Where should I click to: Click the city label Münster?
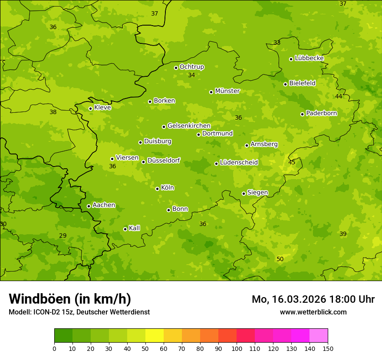(x=227, y=91)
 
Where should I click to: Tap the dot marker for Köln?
(x=157, y=189)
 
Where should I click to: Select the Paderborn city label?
(x=321, y=113)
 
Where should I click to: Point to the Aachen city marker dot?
(x=89, y=206)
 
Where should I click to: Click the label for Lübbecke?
(x=309, y=58)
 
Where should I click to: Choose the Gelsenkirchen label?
(x=189, y=126)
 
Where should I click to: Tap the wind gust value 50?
(x=280, y=259)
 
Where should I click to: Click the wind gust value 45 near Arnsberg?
(x=292, y=162)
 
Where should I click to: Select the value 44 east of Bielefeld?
(x=339, y=96)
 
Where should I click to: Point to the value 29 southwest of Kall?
(x=63, y=236)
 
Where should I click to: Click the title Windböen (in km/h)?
(x=70, y=299)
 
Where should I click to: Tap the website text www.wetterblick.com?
(x=313, y=312)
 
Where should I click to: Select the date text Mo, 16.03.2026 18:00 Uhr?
(x=313, y=299)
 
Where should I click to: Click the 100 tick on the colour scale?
(x=237, y=348)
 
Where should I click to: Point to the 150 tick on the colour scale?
(x=328, y=348)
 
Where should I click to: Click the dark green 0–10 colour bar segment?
(x=63, y=336)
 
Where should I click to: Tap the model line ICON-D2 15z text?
(x=79, y=312)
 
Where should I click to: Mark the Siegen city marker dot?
(x=244, y=193)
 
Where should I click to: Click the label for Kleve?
(x=102, y=107)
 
